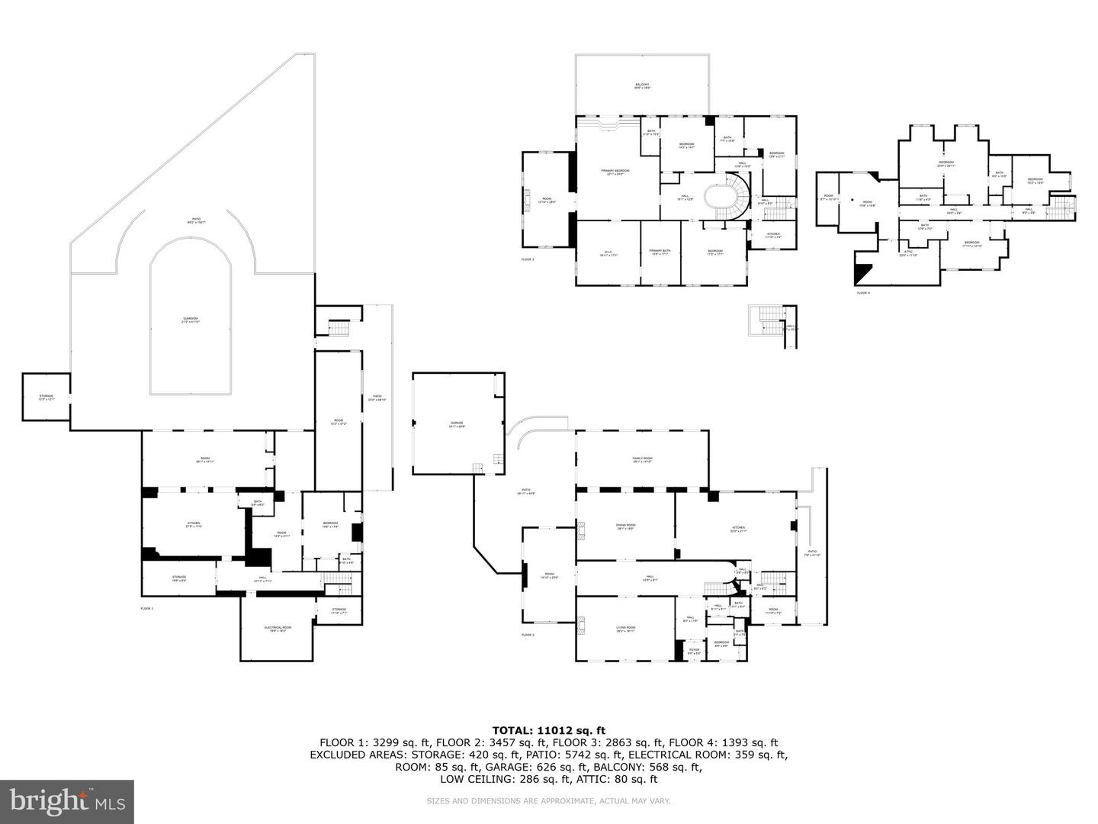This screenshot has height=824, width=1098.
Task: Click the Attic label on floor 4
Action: tap(908, 253)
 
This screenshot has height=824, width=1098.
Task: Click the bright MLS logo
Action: tap(67, 801)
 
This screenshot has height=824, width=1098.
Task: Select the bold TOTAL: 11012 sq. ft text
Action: tap(548, 730)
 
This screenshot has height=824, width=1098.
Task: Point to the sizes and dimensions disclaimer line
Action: tap(548, 801)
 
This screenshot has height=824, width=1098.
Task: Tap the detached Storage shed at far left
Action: tap(47, 397)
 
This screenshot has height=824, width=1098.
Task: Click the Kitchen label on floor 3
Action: tap(773, 236)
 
